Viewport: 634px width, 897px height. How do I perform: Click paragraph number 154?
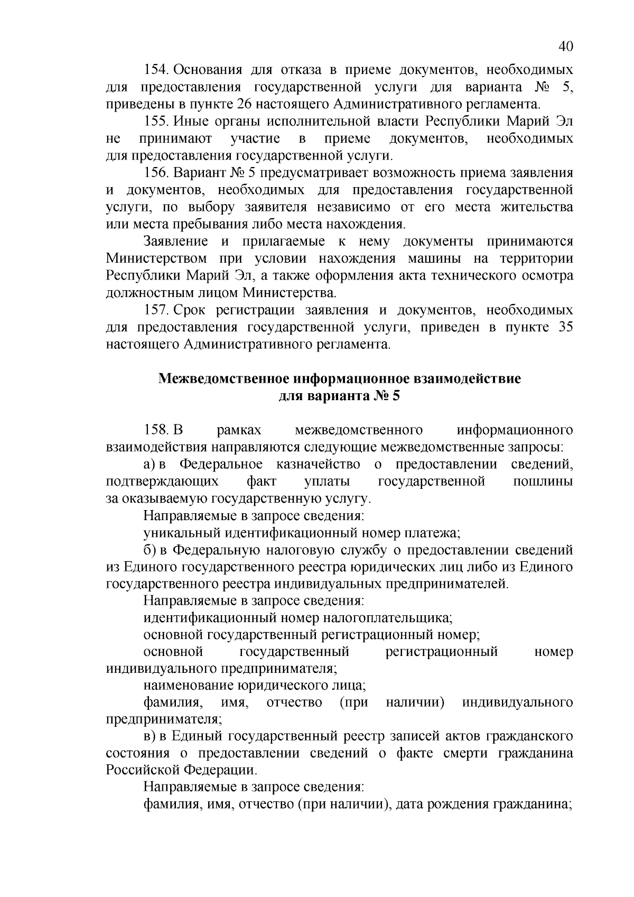click(156, 70)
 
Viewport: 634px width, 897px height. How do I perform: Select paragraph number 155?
click(156, 122)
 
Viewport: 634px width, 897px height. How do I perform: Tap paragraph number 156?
click(156, 173)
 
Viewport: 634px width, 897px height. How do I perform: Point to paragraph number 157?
click(156, 310)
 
